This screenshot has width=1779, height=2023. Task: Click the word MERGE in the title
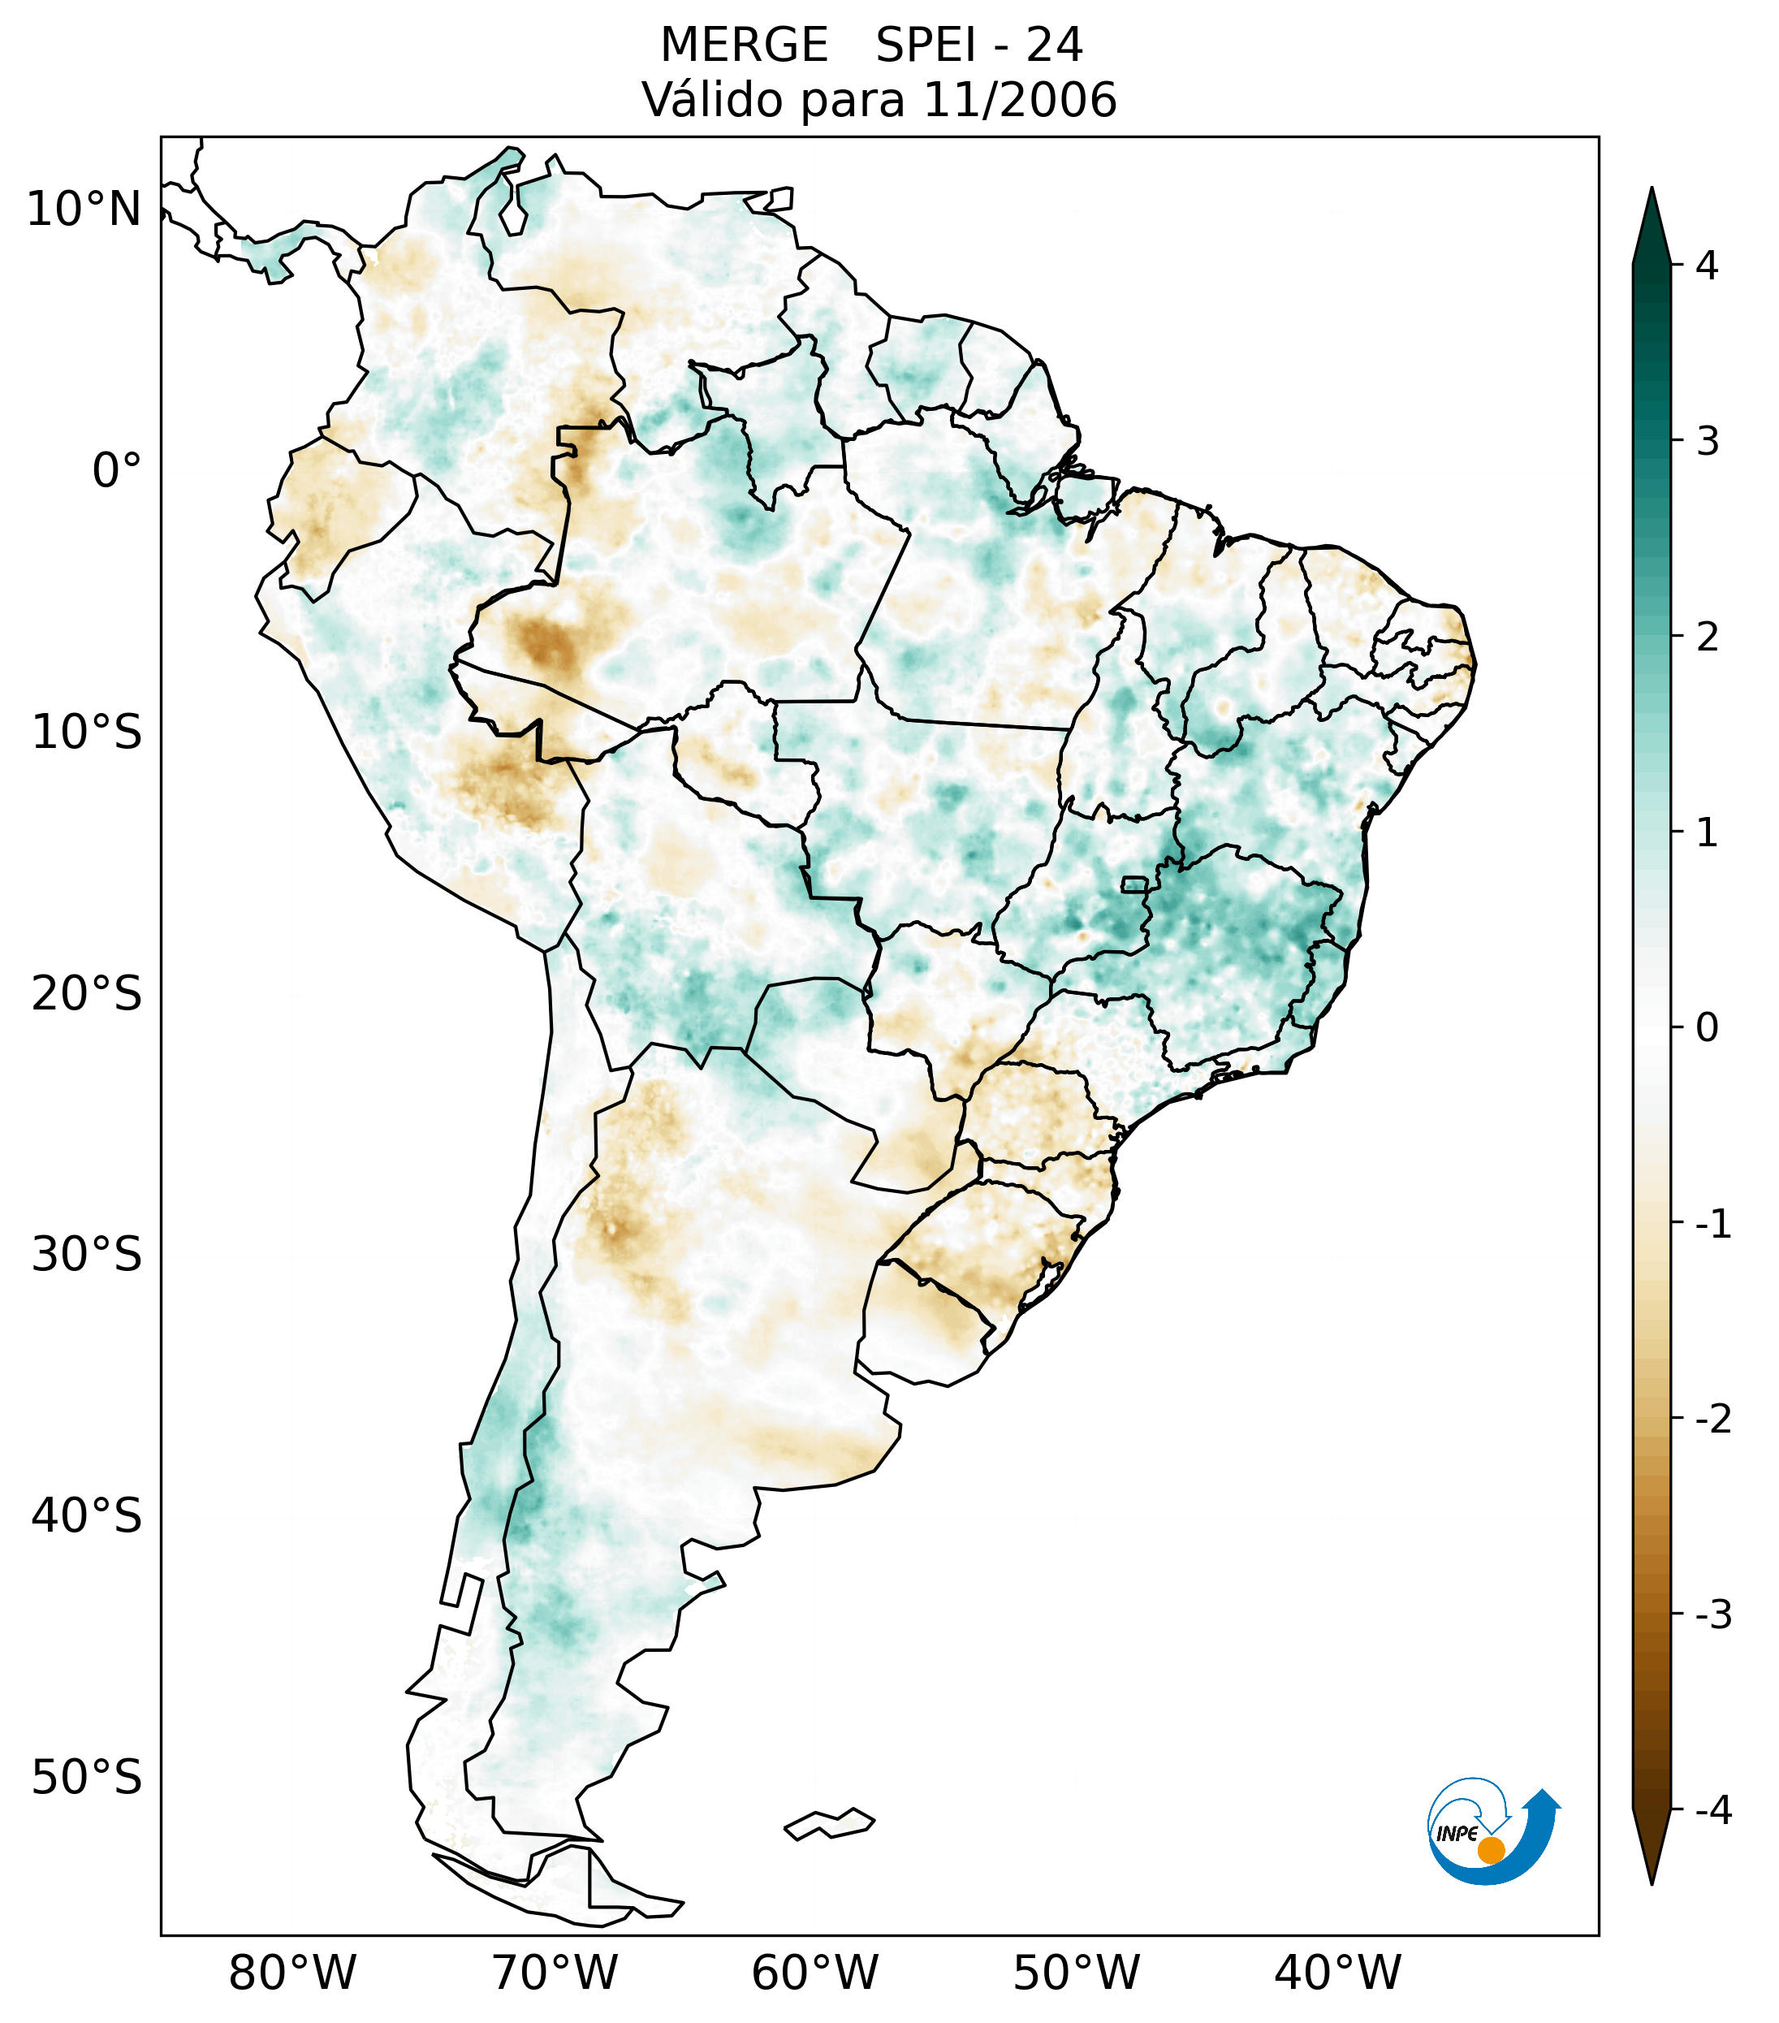click(744, 45)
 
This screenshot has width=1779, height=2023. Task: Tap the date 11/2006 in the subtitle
click(1019, 100)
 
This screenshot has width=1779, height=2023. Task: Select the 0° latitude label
click(117, 471)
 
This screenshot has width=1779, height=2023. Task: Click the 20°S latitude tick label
click(87, 994)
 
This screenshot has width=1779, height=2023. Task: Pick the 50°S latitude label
click(87, 1779)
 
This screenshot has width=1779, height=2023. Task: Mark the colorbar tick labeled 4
click(1707, 266)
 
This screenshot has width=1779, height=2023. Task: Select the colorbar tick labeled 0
click(1707, 1028)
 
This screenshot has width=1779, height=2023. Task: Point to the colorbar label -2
click(1712, 1420)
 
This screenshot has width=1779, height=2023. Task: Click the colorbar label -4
click(1712, 1810)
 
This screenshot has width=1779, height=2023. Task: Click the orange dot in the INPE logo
click(1491, 1850)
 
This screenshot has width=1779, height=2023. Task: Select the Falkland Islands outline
click(829, 1823)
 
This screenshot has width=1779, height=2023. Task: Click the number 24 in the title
click(1055, 45)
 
